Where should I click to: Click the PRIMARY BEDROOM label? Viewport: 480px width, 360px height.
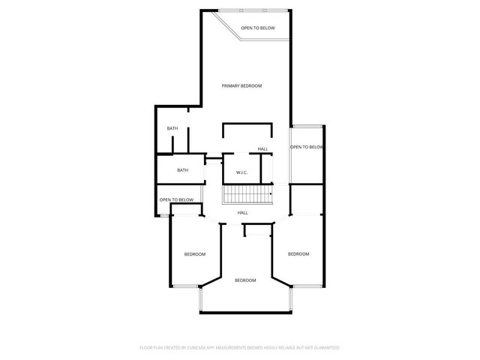point(241,86)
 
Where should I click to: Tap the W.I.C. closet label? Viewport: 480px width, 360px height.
point(241,172)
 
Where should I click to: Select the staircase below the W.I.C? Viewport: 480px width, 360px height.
point(247,195)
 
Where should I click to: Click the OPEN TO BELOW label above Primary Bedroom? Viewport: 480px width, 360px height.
point(257,28)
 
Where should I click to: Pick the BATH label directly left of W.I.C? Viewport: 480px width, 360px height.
point(182,170)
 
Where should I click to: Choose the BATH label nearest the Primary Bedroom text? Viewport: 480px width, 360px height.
point(172,128)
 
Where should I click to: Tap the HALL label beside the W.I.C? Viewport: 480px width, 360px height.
point(262,149)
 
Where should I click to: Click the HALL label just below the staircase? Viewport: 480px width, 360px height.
point(243,213)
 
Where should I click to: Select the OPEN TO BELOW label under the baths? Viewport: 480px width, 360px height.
point(176,199)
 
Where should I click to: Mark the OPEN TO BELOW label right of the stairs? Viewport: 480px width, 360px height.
point(307,147)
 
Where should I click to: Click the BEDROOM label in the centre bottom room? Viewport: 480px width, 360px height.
point(245,280)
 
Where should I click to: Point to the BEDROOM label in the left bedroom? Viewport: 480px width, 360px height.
point(195,254)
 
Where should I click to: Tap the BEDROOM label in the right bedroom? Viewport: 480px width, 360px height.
point(298,254)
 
